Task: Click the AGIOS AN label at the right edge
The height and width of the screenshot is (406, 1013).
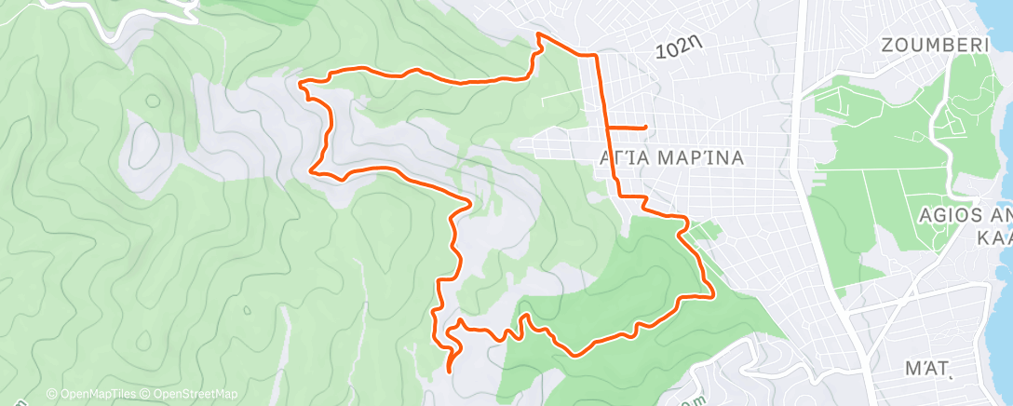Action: click(x=965, y=215)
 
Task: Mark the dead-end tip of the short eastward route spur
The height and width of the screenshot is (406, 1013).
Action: click(x=645, y=127)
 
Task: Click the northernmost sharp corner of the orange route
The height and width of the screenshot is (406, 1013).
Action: click(x=538, y=34)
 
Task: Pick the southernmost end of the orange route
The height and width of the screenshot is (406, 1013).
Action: click(x=450, y=371)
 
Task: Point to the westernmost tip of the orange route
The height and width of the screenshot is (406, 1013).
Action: click(x=299, y=83)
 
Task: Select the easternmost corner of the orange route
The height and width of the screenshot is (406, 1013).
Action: click(x=713, y=297)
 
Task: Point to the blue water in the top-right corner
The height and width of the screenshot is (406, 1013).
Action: click(x=996, y=19)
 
